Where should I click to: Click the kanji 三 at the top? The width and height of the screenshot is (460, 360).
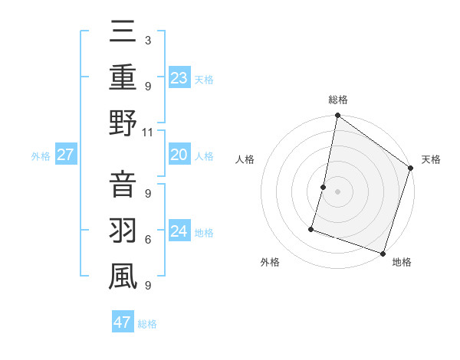[123, 33]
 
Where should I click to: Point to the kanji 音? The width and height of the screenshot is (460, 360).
[123, 186]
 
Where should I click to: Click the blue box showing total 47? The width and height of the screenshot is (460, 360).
[122, 322]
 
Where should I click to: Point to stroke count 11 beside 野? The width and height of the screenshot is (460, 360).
[148, 132]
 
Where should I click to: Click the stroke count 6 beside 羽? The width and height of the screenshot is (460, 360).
[148, 240]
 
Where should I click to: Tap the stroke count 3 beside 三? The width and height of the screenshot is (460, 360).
[147, 40]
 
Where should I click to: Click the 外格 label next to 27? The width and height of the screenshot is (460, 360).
[41, 156]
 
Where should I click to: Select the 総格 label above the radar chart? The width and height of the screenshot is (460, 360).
[338, 100]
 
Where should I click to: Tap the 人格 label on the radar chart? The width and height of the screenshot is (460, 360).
[246, 159]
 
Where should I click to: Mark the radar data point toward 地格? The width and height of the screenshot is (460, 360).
[383, 253]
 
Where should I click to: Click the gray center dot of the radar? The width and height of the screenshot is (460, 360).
[338, 191]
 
